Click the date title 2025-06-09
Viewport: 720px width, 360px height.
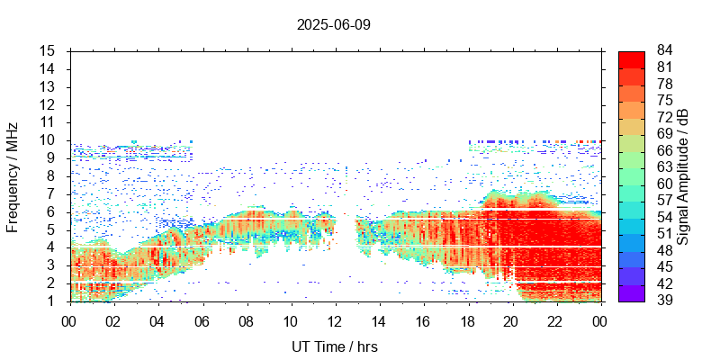(x=333, y=24)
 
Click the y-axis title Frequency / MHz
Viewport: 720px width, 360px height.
(x=13, y=175)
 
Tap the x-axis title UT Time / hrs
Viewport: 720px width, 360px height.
(x=333, y=346)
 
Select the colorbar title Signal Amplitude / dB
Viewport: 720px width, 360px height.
(x=683, y=175)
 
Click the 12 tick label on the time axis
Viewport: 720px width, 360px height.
(x=335, y=321)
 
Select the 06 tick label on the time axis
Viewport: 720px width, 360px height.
(x=202, y=321)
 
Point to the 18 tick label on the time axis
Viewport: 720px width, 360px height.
(x=467, y=321)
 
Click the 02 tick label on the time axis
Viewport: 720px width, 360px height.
(x=113, y=321)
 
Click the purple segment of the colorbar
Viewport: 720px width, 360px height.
(x=632, y=292)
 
